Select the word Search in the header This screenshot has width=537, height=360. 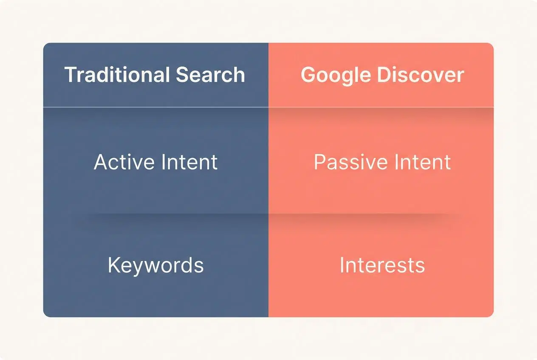coord(210,75)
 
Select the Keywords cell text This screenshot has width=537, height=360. coord(155,265)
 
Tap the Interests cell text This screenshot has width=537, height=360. coord(382,265)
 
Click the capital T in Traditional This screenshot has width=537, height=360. coord(70,75)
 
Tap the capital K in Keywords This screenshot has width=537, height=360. coord(113,265)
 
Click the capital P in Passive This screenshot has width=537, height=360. coord(319,162)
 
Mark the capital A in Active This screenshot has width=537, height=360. coord(100,162)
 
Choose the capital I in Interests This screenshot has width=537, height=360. coord(342,265)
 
